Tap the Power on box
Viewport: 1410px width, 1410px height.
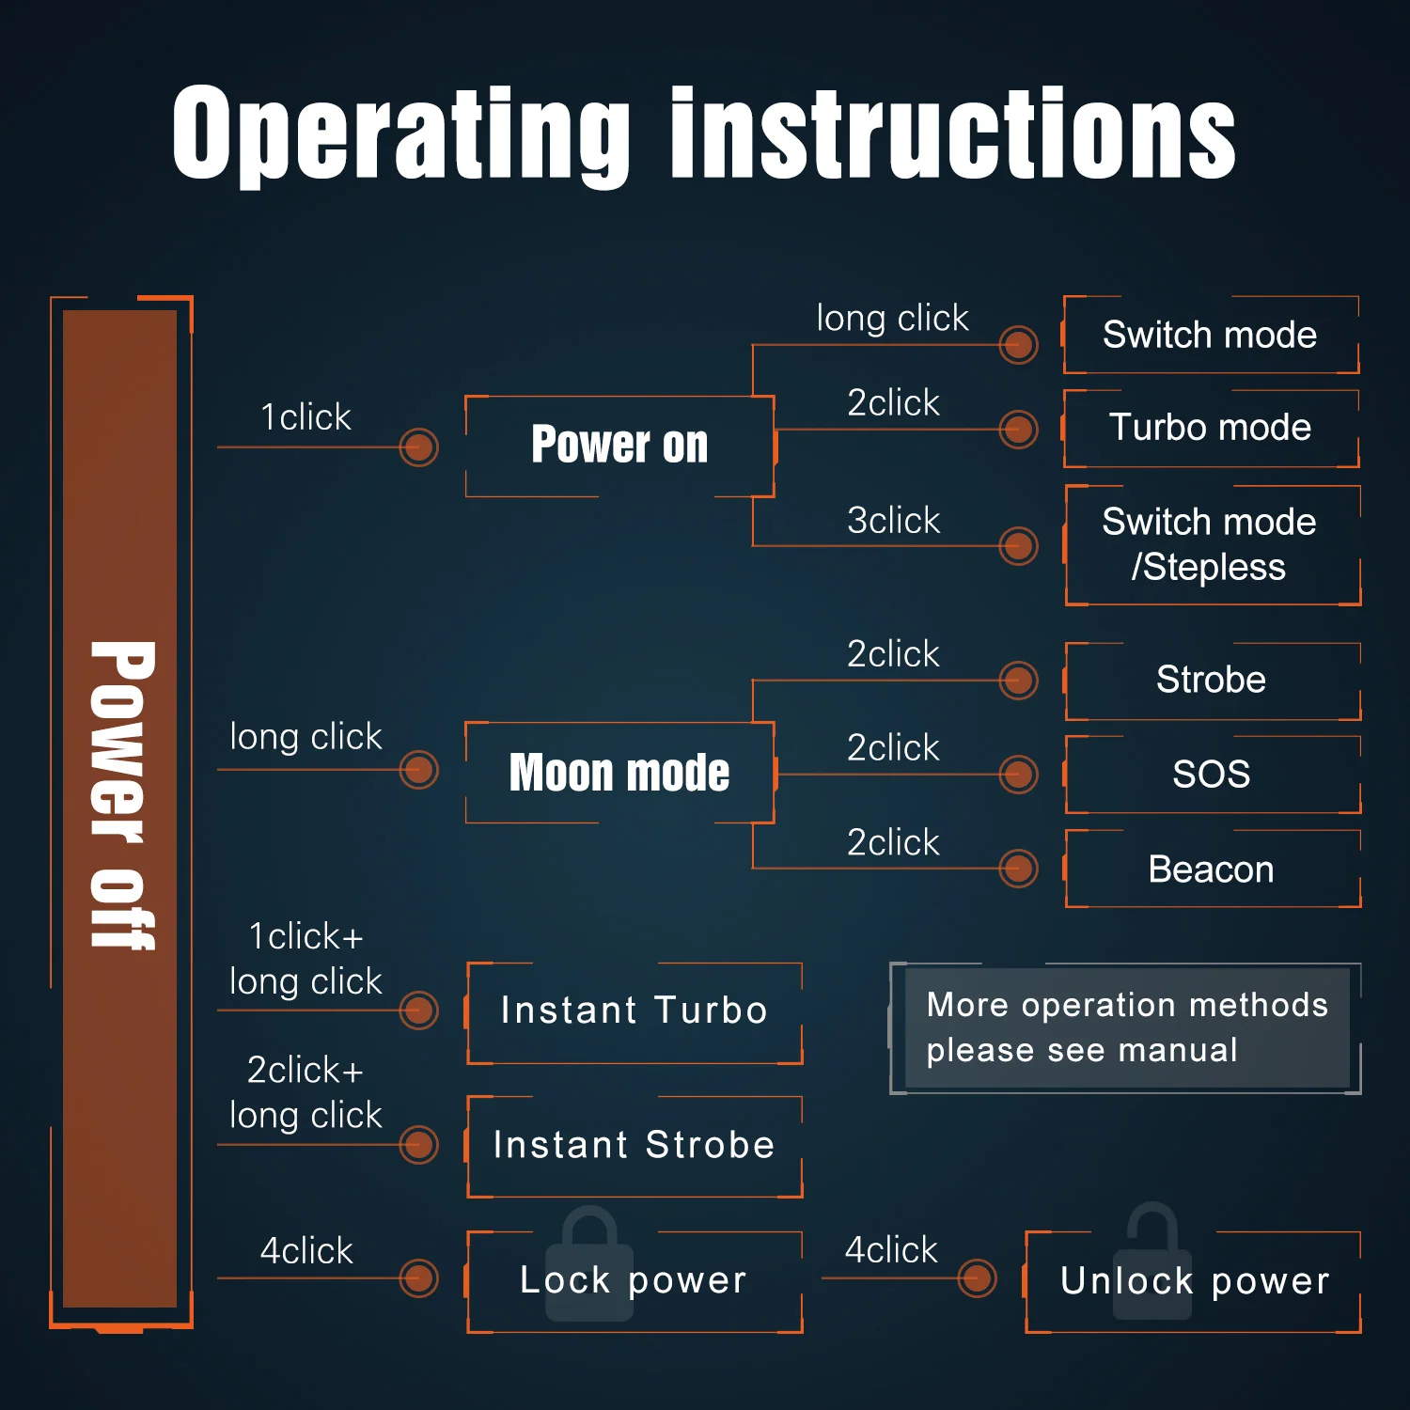[619, 446]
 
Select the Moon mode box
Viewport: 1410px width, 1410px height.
[619, 773]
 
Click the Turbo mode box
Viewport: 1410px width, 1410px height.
[1211, 428]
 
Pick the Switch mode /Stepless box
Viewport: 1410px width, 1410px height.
[1211, 545]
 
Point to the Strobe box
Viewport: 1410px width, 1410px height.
[1211, 681]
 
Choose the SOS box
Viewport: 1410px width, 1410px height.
[1211, 775]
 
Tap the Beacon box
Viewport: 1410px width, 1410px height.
[1211, 869]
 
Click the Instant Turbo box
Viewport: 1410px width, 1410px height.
[634, 1011]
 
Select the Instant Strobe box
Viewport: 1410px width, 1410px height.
[634, 1146]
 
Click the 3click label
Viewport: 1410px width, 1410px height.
[893, 521]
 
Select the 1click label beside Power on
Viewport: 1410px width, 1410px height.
[305, 417]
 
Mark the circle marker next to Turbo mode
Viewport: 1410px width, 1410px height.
[1018, 430]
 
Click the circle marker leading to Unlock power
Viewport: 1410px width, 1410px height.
[977, 1278]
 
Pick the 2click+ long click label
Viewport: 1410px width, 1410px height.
[305, 1093]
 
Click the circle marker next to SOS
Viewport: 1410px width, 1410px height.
[1018, 775]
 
